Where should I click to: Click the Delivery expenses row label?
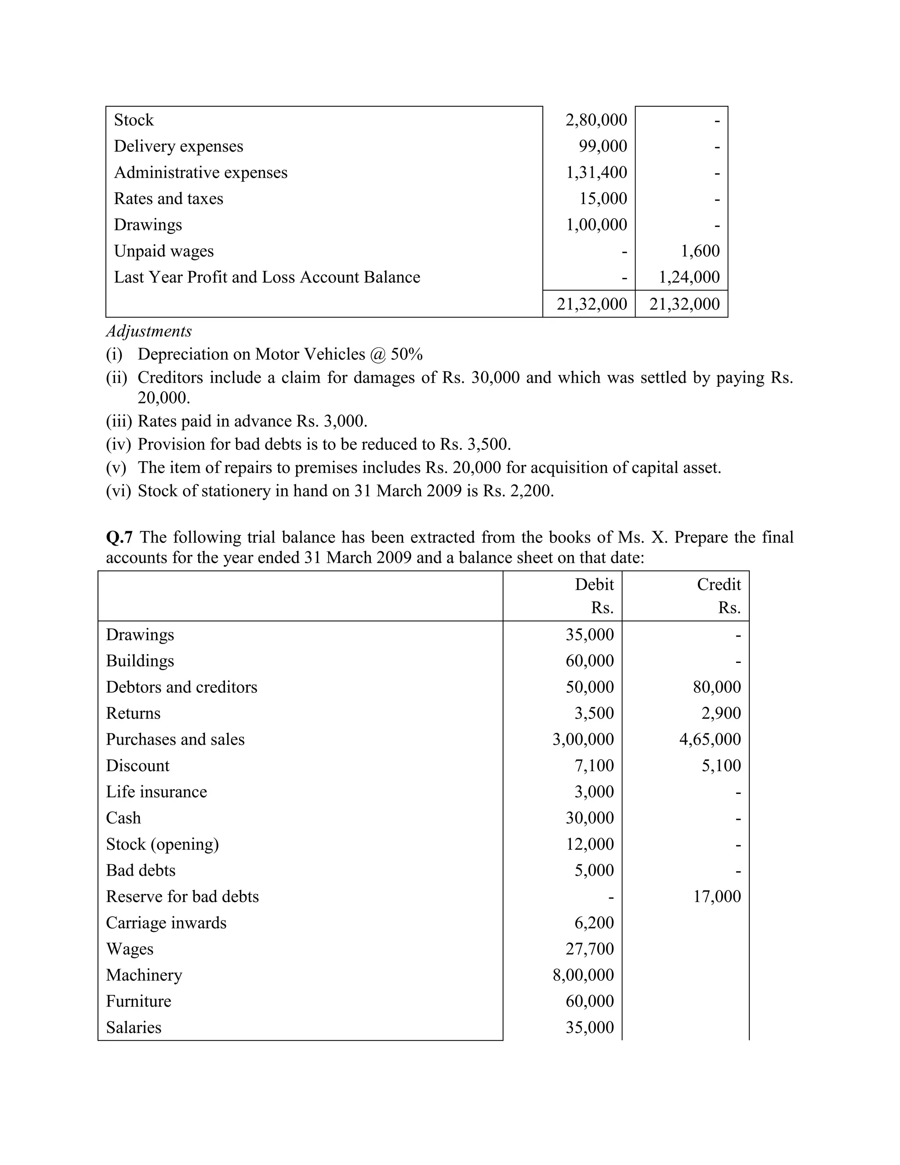(x=178, y=146)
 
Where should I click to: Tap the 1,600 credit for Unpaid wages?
(x=700, y=251)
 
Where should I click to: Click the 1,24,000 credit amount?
(x=689, y=277)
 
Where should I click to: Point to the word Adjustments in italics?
(x=149, y=331)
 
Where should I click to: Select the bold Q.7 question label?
(x=120, y=537)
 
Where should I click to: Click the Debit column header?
(x=594, y=585)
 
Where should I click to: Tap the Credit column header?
(x=718, y=585)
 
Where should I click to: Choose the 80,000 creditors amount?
(x=717, y=687)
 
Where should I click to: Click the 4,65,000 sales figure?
(x=710, y=739)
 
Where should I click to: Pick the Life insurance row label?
(x=156, y=792)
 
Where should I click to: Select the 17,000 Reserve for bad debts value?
(x=717, y=896)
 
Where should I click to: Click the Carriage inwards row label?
(x=166, y=923)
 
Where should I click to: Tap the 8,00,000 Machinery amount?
(x=583, y=975)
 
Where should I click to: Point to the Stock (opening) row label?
(x=162, y=844)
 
